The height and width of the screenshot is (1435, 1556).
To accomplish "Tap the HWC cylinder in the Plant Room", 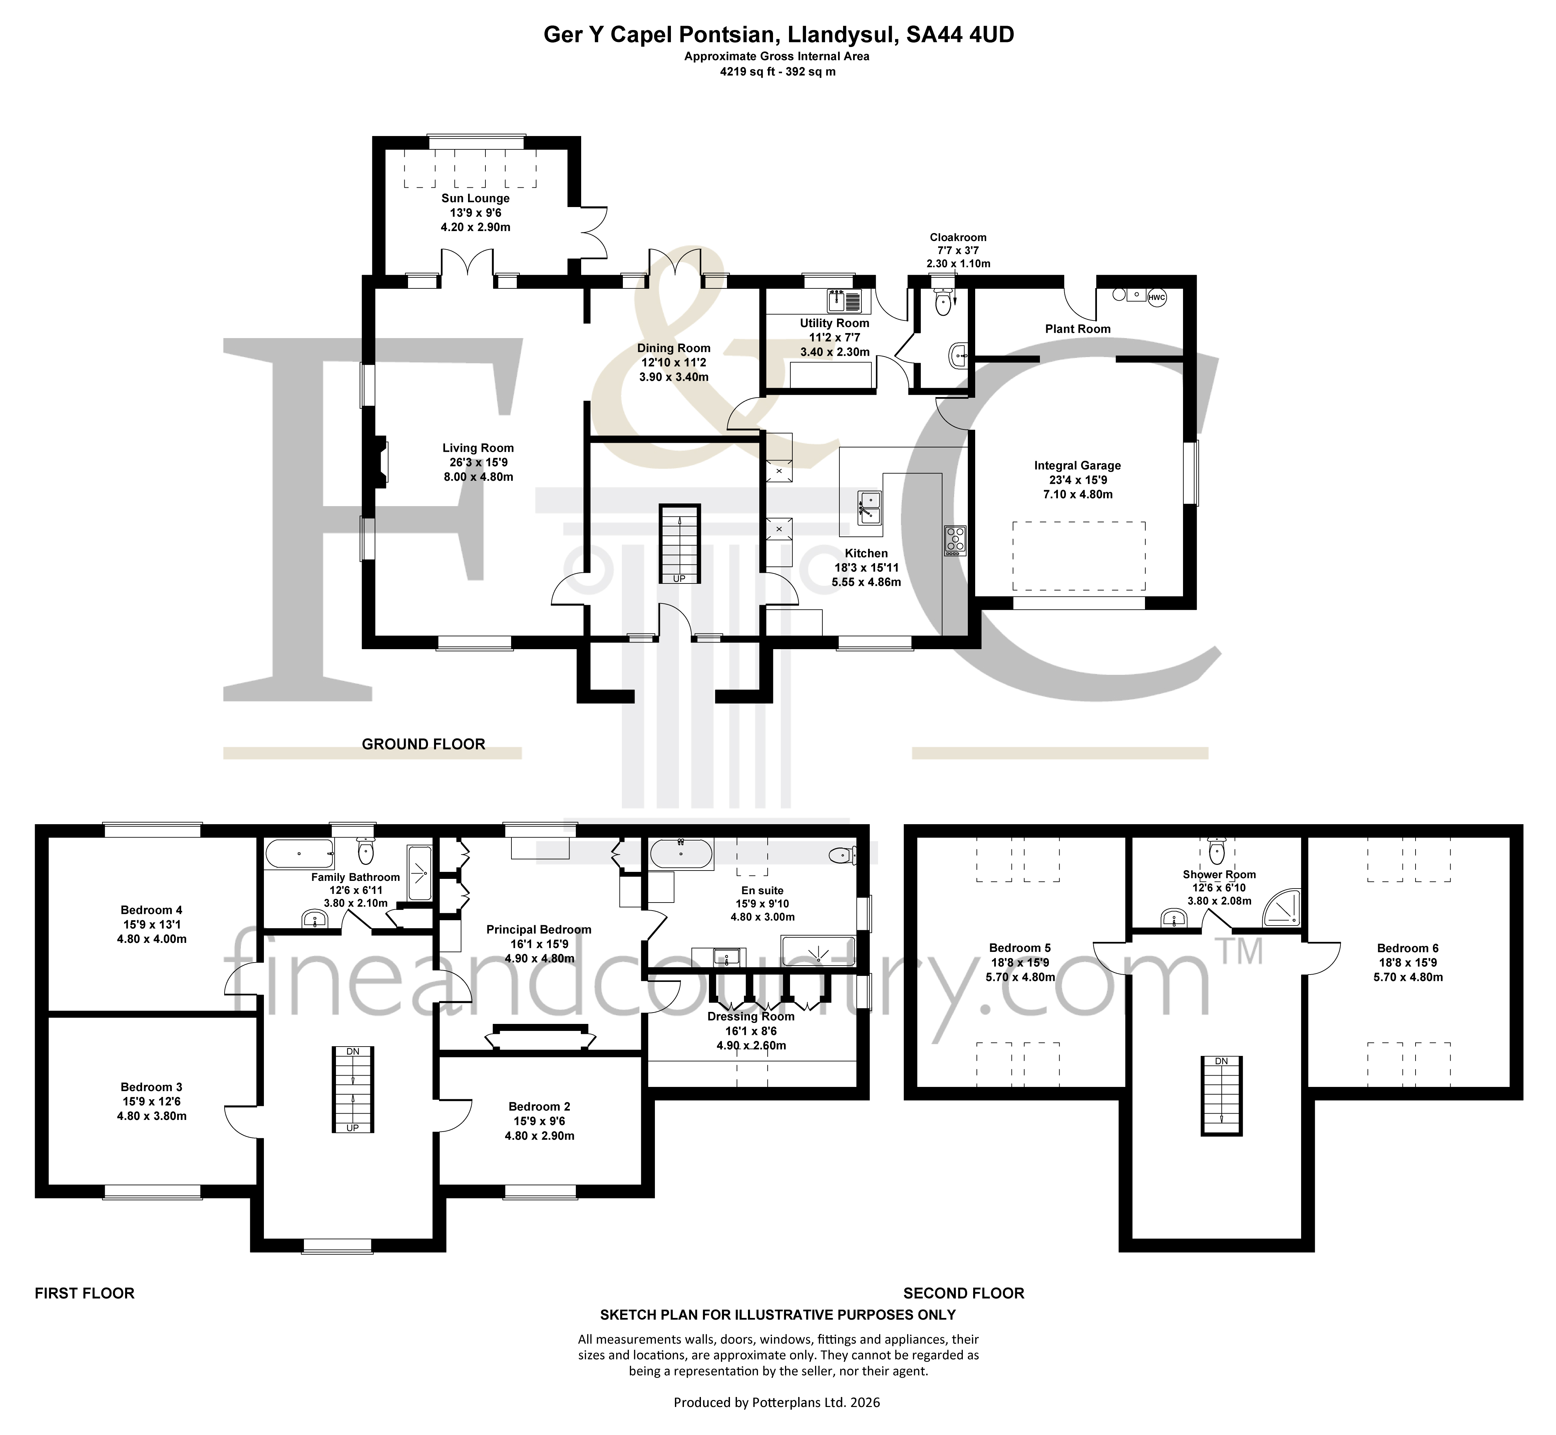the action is coord(1157,297).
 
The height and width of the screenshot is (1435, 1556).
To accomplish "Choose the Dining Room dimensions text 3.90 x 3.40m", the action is coord(674,377).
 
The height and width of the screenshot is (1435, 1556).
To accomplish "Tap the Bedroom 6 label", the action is coord(1408,948).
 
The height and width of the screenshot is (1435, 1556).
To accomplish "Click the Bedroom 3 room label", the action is coord(151,1087).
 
